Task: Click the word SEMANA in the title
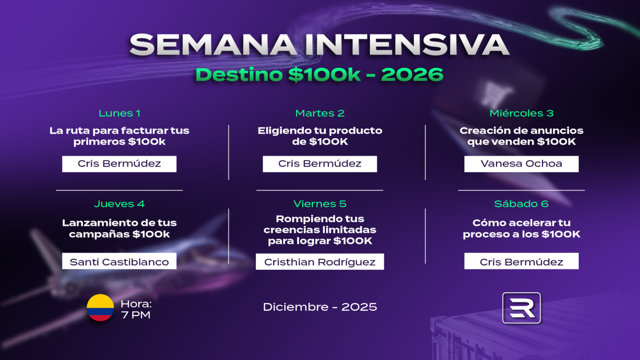coord(213,45)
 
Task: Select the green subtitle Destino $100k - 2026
coord(320,75)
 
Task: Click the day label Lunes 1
coord(120,113)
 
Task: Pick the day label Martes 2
coord(320,113)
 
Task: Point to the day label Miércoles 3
coord(521,113)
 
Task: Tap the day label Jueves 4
coord(120,204)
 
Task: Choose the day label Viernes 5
coord(320,204)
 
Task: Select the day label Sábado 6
coord(521,204)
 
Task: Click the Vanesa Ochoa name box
coord(521,164)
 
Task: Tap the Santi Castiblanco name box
coord(120,261)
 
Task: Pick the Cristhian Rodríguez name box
coord(320,261)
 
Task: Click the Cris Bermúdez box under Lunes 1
coord(120,164)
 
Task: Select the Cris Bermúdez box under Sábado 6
coord(521,261)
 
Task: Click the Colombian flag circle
coord(100,308)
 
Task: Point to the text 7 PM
coord(136,315)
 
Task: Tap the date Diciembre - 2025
coord(320,307)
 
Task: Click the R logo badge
coord(521,308)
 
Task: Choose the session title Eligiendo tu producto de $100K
coord(320,136)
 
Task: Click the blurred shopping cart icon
coord(496,94)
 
